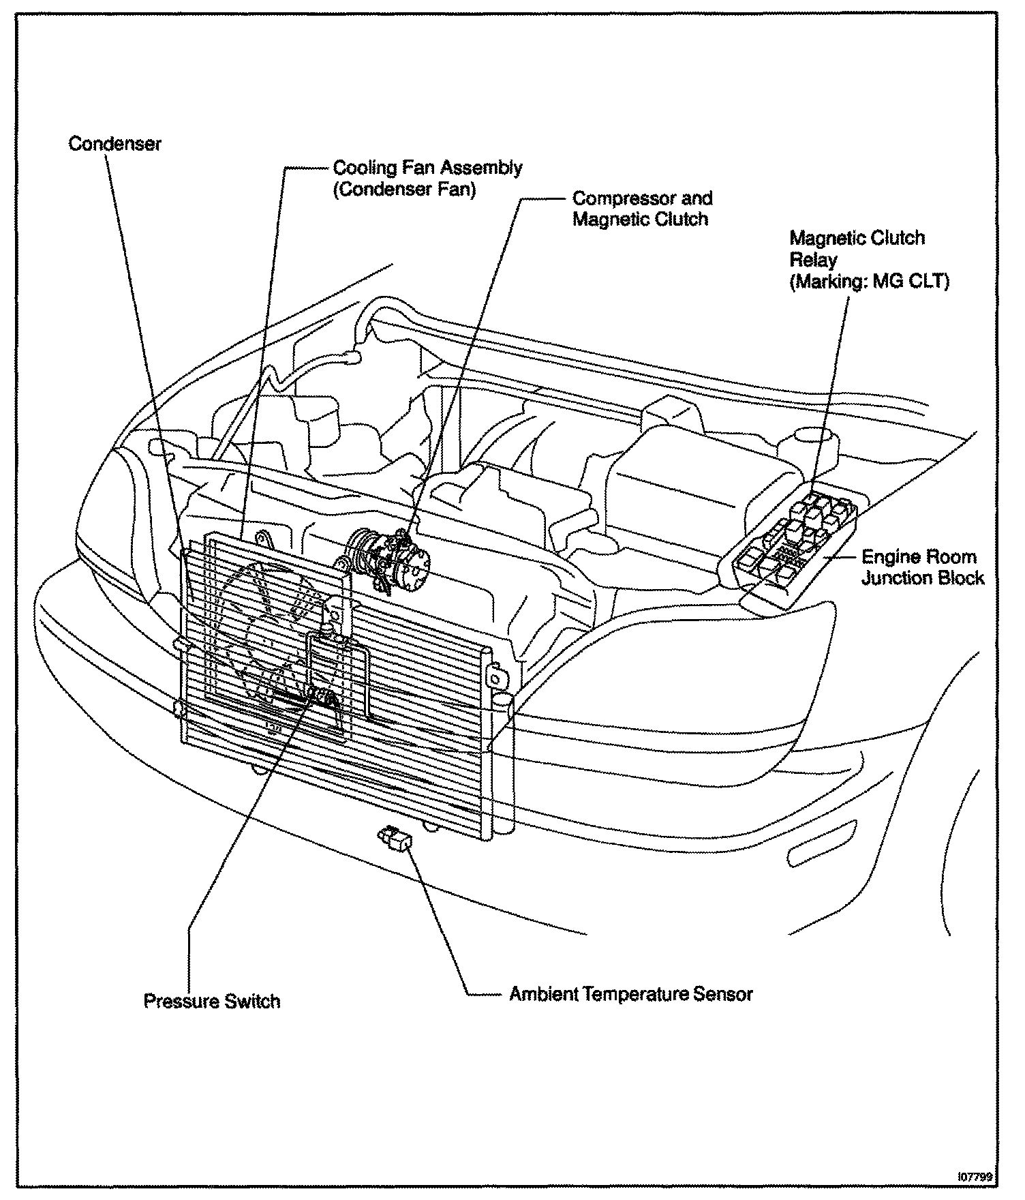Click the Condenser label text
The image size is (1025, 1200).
(x=115, y=144)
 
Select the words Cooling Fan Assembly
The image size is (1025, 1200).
(x=427, y=168)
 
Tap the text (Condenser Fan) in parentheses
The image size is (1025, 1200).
(x=403, y=189)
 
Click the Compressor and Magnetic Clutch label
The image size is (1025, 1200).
(x=641, y=209)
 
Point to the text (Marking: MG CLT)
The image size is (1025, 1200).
(x=869, y=282)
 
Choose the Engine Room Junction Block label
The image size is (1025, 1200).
(x=923, y=567)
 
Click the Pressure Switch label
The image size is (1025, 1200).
(x=212, y=1001)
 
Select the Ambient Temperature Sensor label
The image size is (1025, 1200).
(x=631, y=993)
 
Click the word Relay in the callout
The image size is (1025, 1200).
(x=813, y=260)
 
